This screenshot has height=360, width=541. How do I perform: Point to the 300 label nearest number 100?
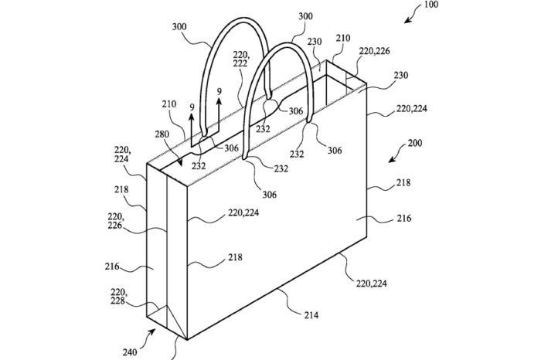coord(304,15)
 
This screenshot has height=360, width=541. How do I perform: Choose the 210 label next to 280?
coord(169,103)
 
